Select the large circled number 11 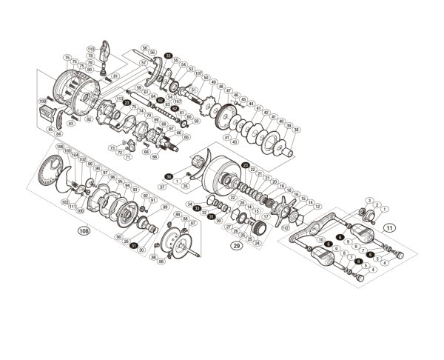[389, 227]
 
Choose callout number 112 [286, 228]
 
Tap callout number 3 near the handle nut [369, 201]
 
